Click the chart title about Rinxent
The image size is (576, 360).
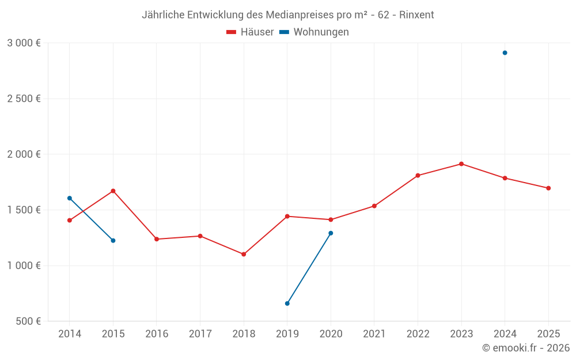pyautogui.click(x=287, y=14)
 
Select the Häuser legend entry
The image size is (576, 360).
pyautogui.click(x=251, y=32)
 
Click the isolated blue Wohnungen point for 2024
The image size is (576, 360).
pyautogui.click(x=505, y=53)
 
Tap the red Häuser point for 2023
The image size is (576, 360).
pyautogui.click(x=461, y=164)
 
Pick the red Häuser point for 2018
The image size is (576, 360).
pyautogui.click(x=244, y=254)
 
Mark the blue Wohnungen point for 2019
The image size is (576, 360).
pyautogui.click(x=287, y=304)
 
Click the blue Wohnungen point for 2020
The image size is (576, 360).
pyautogui.click(x=331, y=233)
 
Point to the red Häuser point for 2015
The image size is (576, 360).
pyautogui.click(x=113, y=191)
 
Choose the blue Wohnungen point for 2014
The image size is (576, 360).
pyautogui.click(x=70, y=198)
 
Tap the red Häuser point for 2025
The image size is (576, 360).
pyautogui.click(x=548, y=188)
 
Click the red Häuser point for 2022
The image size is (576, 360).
pyautogui.click(x=418, y=176)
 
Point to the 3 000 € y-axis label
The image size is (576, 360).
pyautogui.click(x=24, y=43)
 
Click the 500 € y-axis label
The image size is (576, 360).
pyautogui.click(x=28, y=321)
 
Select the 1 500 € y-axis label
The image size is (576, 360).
pyautogui.click(x=24, y=210)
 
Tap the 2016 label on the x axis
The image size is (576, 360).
pyautogui.click(x=157, y=334)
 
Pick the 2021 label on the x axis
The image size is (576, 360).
pyautogui.click(x=374, y=334)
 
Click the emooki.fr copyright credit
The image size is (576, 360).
pyautogui.click(x=525, y=348)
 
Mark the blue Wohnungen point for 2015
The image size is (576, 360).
pyautogui.click(x=113, y=241)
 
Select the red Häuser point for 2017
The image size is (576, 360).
pyautogui.click(x=200, y=236)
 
